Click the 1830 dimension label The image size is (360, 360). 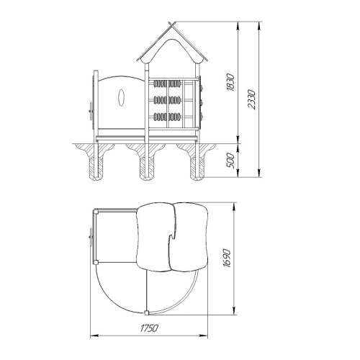230,82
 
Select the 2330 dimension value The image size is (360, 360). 252,99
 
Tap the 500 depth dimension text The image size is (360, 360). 230,161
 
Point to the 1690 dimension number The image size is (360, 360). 227,258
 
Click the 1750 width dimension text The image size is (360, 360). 149,328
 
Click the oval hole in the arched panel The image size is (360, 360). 122,97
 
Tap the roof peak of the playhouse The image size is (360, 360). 172,24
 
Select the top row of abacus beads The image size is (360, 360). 167,84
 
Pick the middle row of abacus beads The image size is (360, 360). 167,100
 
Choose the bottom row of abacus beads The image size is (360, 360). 167,117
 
